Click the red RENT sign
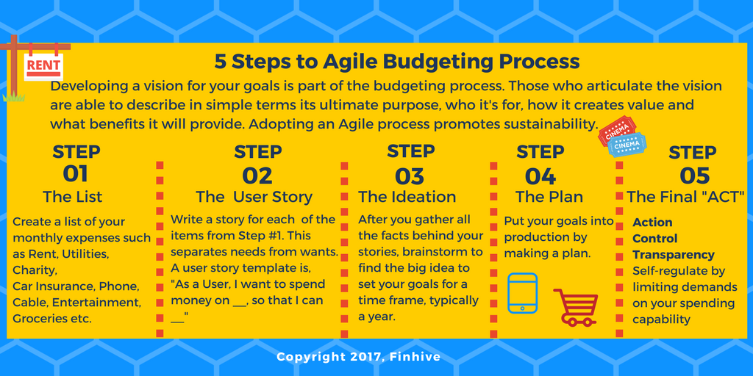pyautogui.click(x=43, y=65)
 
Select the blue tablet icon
pyautogui.click(x=523, y=293)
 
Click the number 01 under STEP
pyautogui.click(x=76, y=174)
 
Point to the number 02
pyautogui.click(x=257, y=176)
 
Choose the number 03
pyautogui.click(x=410, y=176)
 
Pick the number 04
pyautogui.click(x=540, y=176)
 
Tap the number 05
pyautogui.click(x=693, y=176)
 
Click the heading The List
pyautogui.click(x=73, y=197)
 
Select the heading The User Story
pyautogui.click(x=254, y=197)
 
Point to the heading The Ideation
pyautogui.click(x=407, y=197)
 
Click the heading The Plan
pyautogui.click(x=549, y=197)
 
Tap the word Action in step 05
pyautogui.click(x=652, y=222)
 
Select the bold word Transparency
pyautogui.click(x=674, y=255)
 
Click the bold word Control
pyautogui.click(x=655, y=239)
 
